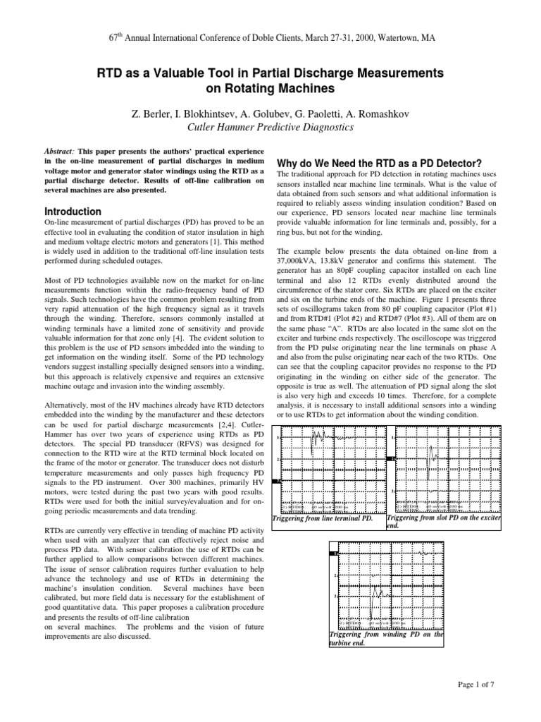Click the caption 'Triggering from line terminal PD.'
(x=322, y=520)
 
